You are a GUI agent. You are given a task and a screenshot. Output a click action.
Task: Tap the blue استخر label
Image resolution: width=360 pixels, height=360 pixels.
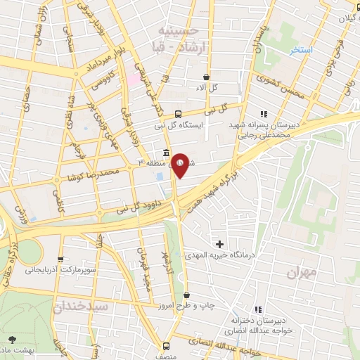click(x=303, y=51)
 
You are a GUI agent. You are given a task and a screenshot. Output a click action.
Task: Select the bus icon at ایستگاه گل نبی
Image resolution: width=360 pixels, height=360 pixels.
click(x=179, y=112)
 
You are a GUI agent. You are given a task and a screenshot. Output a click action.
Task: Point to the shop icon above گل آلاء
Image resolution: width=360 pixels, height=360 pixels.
click(x=205, y=77)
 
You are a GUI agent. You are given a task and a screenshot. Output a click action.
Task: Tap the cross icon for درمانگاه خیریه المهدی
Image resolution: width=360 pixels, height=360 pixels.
click(x=220, y=244)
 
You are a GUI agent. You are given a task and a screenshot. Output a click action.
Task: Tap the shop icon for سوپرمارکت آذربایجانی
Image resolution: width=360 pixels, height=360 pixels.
click(x=60, y=259)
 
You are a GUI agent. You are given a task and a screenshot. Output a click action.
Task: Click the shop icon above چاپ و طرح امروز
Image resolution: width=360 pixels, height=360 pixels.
click(x=186, y=295)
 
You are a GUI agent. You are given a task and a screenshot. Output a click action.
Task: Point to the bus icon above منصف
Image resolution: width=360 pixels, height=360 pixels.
click(x=167, y=345)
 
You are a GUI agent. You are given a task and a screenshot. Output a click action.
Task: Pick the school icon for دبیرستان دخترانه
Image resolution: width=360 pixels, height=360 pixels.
click(x=259, y=309)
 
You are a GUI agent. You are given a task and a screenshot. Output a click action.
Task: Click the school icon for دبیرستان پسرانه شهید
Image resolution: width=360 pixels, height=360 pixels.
click(x=264, y=113)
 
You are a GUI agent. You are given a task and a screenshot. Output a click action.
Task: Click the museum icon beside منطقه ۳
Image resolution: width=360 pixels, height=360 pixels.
click(x=166, y=153)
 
